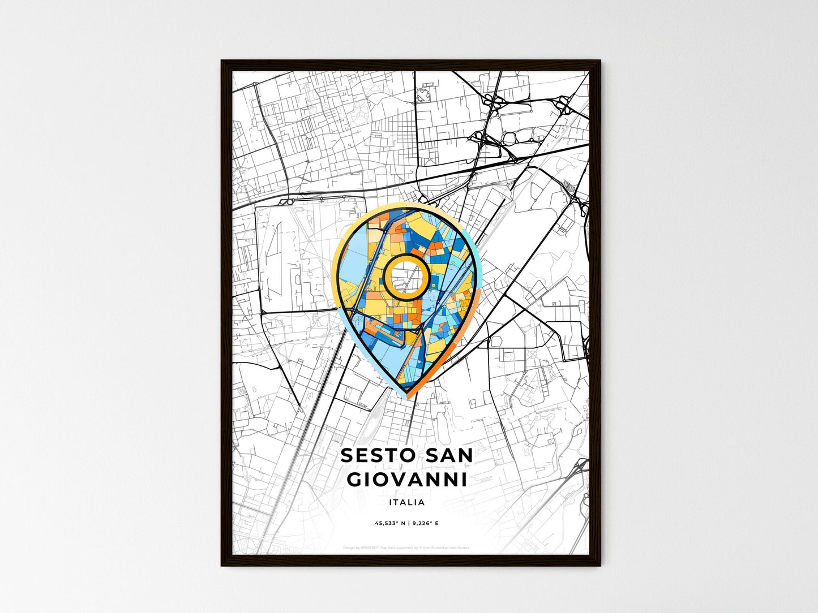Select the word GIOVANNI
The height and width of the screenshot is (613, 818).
[x=407, y=480]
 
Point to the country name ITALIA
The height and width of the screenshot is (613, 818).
[x=407, y=502]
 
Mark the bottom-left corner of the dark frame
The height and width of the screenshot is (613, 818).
[x=222, y=564]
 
